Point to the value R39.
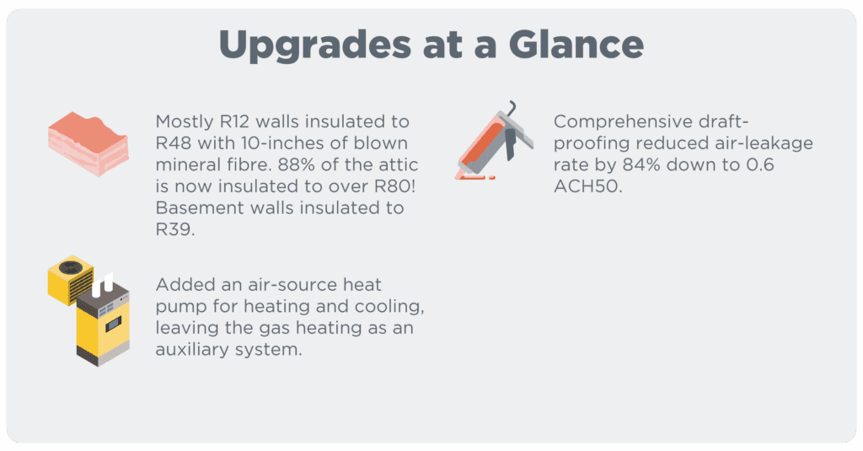pyautogui.click(x=174, y=228)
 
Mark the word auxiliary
pyautogui.click(x=193, y=349)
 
